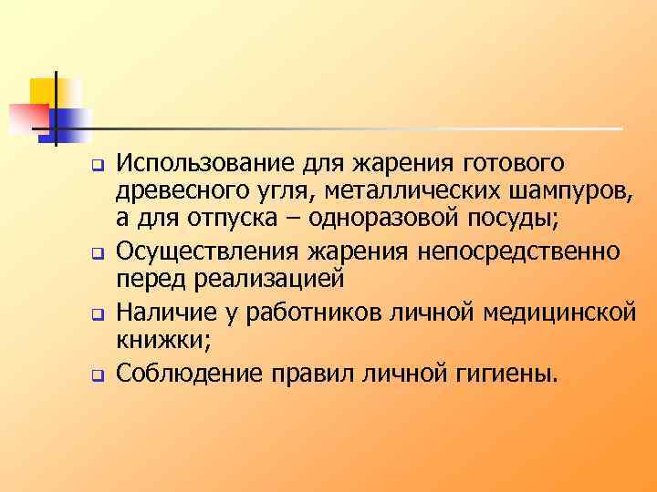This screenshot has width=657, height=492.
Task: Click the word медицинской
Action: click(x=549, y=313)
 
